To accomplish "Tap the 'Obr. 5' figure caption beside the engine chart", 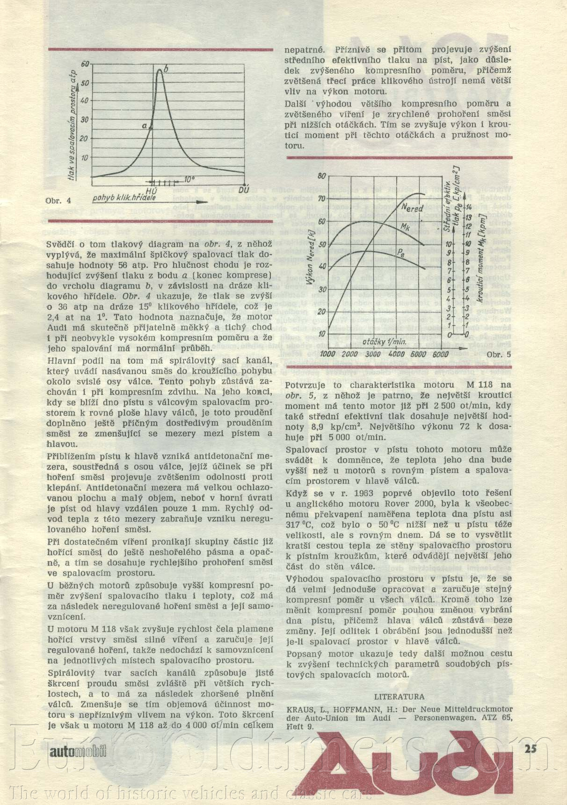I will coord(499,355).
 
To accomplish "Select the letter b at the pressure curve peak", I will coord(166,69).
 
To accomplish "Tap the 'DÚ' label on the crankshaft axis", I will coord(244,190).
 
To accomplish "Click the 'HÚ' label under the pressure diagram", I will coord(151,191).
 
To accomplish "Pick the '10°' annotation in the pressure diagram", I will coord(189,179).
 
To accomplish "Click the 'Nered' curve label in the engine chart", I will coord(412,208).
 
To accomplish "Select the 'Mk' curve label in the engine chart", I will coord(406,226).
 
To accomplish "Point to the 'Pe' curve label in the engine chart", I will coord(401,252).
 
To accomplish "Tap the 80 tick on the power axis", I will coord(321,176).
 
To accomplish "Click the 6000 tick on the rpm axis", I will coord(440,354).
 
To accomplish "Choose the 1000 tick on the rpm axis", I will coord(327,354).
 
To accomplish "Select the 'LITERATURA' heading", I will coord(399,697).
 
